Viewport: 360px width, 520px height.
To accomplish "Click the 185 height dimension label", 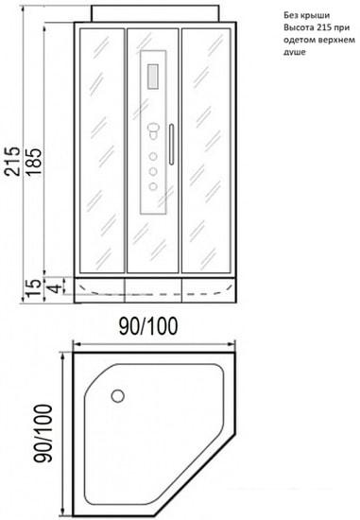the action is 34,162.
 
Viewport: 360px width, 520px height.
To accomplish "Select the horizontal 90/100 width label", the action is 148,326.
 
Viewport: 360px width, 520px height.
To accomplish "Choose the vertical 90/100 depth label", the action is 44,433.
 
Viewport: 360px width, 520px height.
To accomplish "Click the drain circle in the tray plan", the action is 118,396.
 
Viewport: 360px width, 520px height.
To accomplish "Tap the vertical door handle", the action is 171,145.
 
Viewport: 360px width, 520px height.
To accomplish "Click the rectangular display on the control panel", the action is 152,77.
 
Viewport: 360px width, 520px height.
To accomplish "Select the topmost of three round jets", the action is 153,157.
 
